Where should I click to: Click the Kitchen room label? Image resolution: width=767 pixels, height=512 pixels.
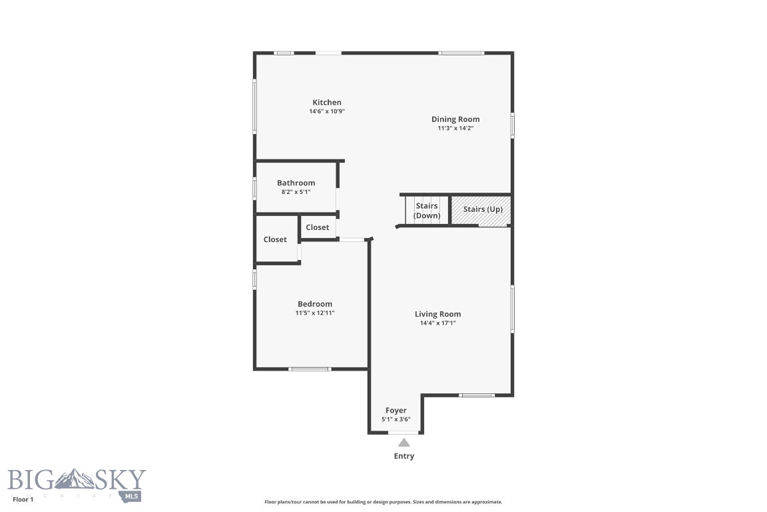(x=327, y=102)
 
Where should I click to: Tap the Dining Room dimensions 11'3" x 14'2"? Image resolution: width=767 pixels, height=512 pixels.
(x=455, y=128)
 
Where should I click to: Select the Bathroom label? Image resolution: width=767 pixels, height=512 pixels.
(x=296, y=183)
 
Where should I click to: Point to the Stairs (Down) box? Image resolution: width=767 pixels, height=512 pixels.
(x=427, y=211)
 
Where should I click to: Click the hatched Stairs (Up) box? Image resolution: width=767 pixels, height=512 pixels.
(x=482, y=209)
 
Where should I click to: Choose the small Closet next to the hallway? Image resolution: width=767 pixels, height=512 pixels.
(x=318, y=227)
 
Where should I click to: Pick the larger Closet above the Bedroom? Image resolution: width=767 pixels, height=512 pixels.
(x=276, y=239)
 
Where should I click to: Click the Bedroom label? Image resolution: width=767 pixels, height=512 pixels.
(x=315, y=304)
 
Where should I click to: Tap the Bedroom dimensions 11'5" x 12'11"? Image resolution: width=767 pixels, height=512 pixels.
(x=315, y=313)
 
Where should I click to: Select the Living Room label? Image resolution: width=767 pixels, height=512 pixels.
(x=437, y=314)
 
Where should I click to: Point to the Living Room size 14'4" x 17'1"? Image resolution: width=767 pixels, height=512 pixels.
(x=437, y=323)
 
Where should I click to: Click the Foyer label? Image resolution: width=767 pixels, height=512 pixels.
(x=395, y=411)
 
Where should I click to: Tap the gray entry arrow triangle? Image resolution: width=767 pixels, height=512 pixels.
(x=404, y=442)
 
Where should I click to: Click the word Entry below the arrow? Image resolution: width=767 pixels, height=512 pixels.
(x=404, y=456)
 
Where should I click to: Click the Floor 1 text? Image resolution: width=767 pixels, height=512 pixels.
(x=23, y=499)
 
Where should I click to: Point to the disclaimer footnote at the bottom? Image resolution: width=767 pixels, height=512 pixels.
(x=383, y=502)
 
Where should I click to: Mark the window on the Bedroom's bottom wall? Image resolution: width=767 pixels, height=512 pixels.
(x=310, y=369)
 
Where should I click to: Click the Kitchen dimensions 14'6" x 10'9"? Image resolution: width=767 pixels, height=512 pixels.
(x=327, y=111)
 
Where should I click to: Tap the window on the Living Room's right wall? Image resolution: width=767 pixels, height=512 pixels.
(x=512, y=308)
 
